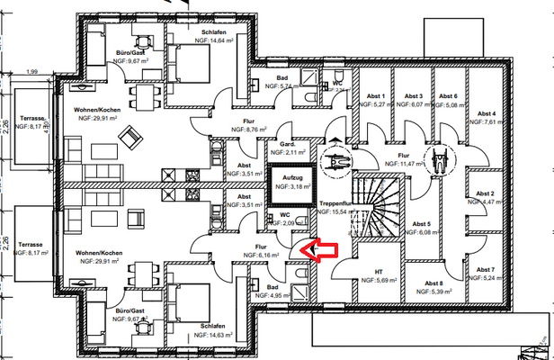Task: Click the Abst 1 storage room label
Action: (x=376, y=96)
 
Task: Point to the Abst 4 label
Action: (x=489, y=112)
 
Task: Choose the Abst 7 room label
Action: (x=487, y=270)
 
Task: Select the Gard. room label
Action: (x=287, y=143)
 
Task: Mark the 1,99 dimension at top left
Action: (x=33, y=71)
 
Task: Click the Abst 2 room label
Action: (x=487, y=193)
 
